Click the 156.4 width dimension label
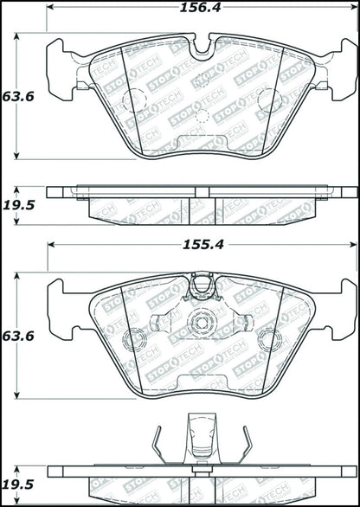click(x=200, y=8)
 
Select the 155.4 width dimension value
click(x=203, y=245)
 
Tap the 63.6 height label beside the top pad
click(x=18, y=96)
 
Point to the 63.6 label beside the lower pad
click(x=18, y=337)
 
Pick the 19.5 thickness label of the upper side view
click(x=19, y=205)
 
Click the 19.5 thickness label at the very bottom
click(x=19, y=485)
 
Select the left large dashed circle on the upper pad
click(x=134, y=100)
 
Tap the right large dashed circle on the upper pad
click(x=270, y=100)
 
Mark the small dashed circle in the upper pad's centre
click(x=202, y=116)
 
